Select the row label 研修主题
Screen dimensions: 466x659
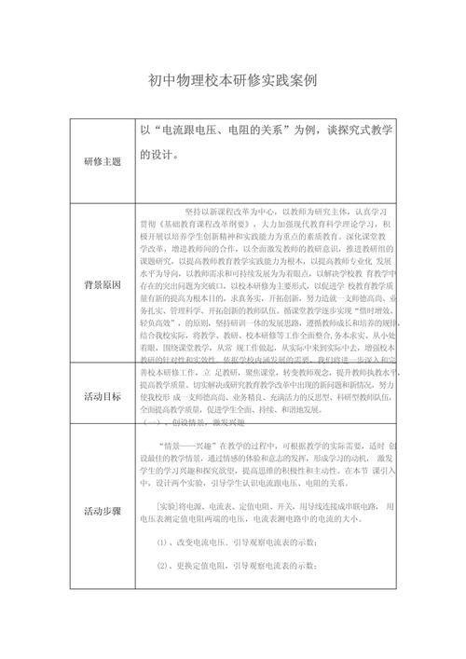point(103,161)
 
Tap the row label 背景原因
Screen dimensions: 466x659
point(103,284)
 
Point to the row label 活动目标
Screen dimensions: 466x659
point(103,395)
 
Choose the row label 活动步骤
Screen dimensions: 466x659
point(103,511)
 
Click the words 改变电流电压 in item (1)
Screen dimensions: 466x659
point(200,542)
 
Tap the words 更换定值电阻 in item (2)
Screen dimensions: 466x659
point(200,566)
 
